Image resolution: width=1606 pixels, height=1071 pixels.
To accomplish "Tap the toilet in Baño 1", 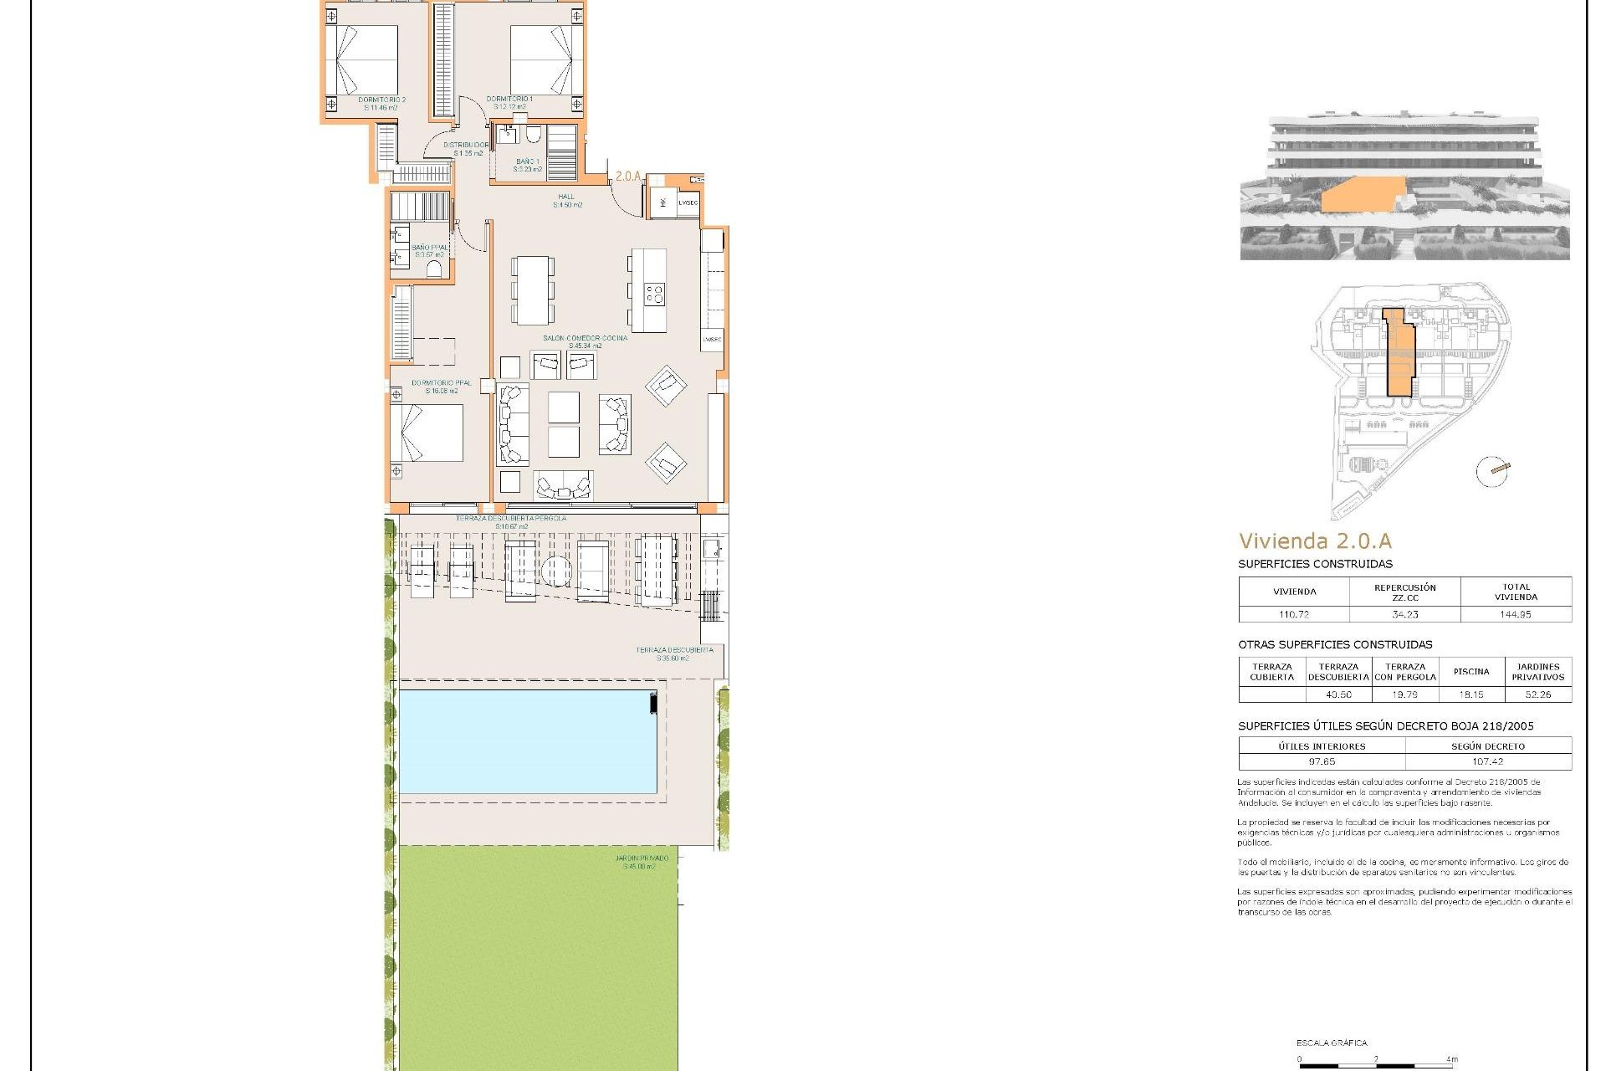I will pyautogui.click(x=533, y=135).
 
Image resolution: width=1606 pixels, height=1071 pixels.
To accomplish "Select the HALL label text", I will pyautogui.click(x=566, y=197).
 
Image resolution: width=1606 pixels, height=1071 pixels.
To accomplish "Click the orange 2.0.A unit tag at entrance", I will pyautogui.click(x=627, y=177).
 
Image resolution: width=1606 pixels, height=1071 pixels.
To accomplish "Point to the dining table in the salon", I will pyautogui.click(x=532, y=290).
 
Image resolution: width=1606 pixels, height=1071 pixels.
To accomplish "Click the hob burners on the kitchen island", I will pyautogui.click(x=653, y=294).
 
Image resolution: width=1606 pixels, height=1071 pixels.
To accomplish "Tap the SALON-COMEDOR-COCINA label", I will pyautogui.click(x=585, y=339).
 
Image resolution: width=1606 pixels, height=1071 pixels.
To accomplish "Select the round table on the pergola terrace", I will pyautogui.click(x=556, y=571).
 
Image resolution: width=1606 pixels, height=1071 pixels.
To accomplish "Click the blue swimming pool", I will pyautogui.click(x=527, y=740).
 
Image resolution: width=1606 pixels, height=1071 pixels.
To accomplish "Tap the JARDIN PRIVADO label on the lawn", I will pyautogui.click(x=641, y=859).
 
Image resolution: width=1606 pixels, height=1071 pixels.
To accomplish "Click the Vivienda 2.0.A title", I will pyautogui.click(x=1315, y=541).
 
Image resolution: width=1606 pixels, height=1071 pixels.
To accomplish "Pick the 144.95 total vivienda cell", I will pyautogui.click(x=1515, y=614).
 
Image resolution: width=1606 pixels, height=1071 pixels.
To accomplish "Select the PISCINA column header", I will pyautogui.click(x=1470, y=671).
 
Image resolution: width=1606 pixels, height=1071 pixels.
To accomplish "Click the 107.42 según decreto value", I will pyautogui.click(x=1487, y=761).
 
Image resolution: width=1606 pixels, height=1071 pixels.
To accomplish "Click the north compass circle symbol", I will pyautogui.click(x=1491, y=471).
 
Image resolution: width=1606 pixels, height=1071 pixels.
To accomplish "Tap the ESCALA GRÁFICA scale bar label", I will pyautogui.click(x=1332, y=1043).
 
